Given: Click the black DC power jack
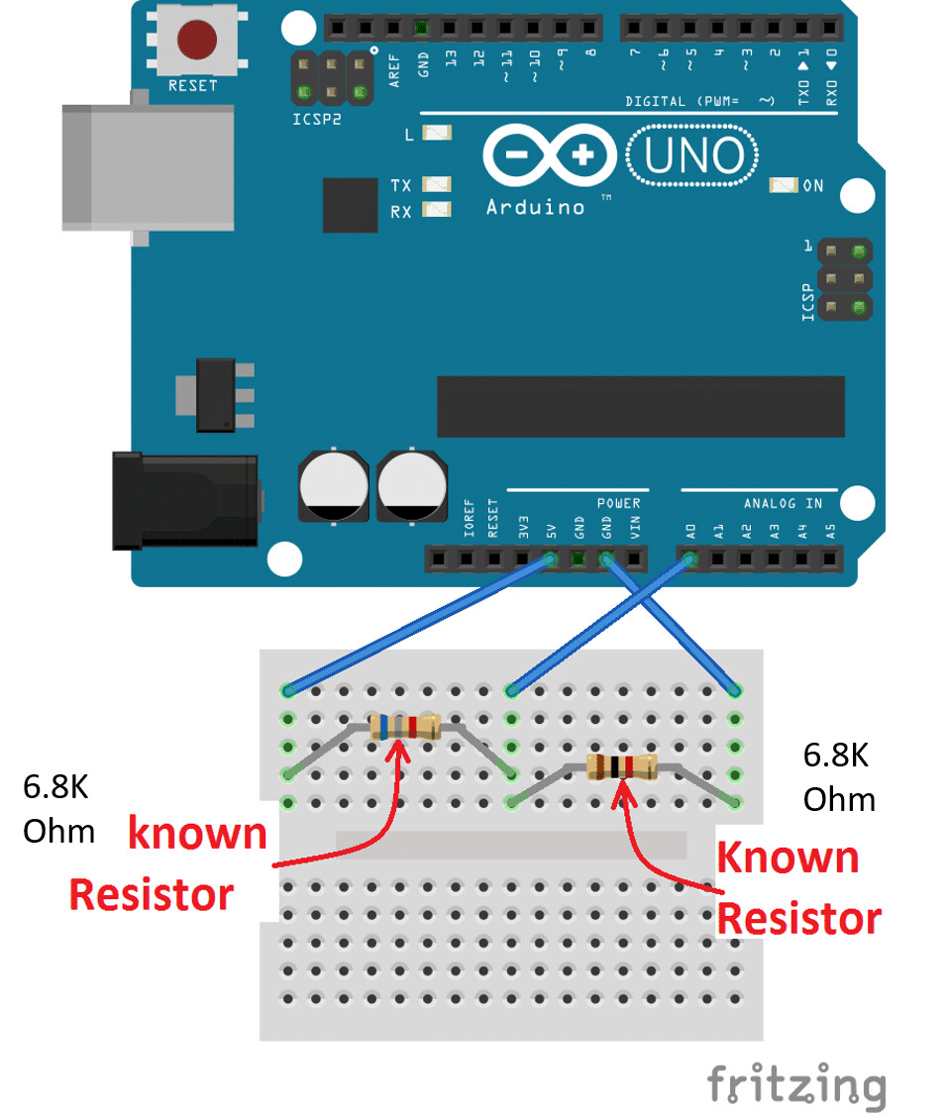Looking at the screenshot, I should tap(184, 500).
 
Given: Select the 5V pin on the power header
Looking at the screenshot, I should tap(551, 560).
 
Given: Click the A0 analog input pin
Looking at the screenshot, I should tap(689, 560).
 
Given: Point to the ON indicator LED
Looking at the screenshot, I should tap(784, 185).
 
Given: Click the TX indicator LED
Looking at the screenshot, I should tap(437, 184).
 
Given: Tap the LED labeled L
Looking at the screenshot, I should tap(437, 133).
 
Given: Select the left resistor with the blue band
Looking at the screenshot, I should tap(404, 727).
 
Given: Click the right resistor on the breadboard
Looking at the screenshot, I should tap(621, 765).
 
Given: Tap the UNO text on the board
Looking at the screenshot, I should tap(693, 156).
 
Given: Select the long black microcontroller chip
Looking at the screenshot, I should tap(640, 406).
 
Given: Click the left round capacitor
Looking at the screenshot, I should tap(332, 485).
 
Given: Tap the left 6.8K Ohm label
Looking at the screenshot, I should tap(57, 808).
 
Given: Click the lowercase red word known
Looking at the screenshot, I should tap(198, 834).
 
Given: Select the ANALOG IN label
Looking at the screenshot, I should tap(783, 504).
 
